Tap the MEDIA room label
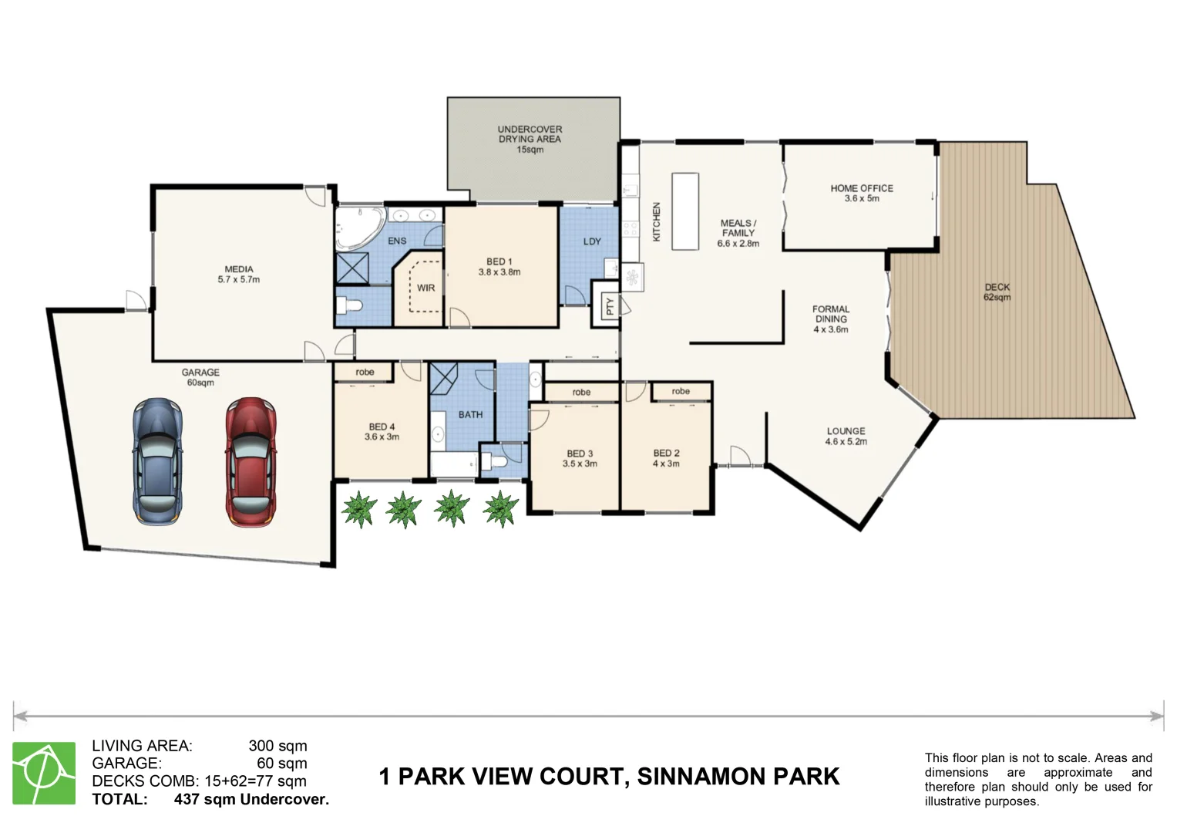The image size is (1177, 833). pyautogui.click(x=239, y=269)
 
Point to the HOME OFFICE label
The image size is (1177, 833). pyautogui.click(x=862, y=188)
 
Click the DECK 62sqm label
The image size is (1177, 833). pyautogui.click(x=997, y=292)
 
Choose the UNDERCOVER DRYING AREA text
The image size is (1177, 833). pyautogui.click(x=530, y=134)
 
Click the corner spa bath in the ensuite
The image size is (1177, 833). pyautogui.click(x=359, y=228)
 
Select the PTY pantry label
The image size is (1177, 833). pyautogui.click(x=610, y=306)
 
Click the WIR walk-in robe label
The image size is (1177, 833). pyautogui.click(x=425, y=288)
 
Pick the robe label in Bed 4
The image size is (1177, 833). pyautogui.click(x=365, y=372)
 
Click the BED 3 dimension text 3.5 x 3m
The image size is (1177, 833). pyautogui.click(x=580, y=464)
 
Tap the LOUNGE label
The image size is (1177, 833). pyautogui.click(x=846, y=431)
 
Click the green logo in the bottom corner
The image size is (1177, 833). pyautogui.click(x=44, y=773)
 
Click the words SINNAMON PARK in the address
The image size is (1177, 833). pyautogui.click(x=738, y=776)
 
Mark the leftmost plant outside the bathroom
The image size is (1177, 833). pyautogui.click(x=358, y=509)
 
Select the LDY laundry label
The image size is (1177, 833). pyautogui.click(x=592, y=241)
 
